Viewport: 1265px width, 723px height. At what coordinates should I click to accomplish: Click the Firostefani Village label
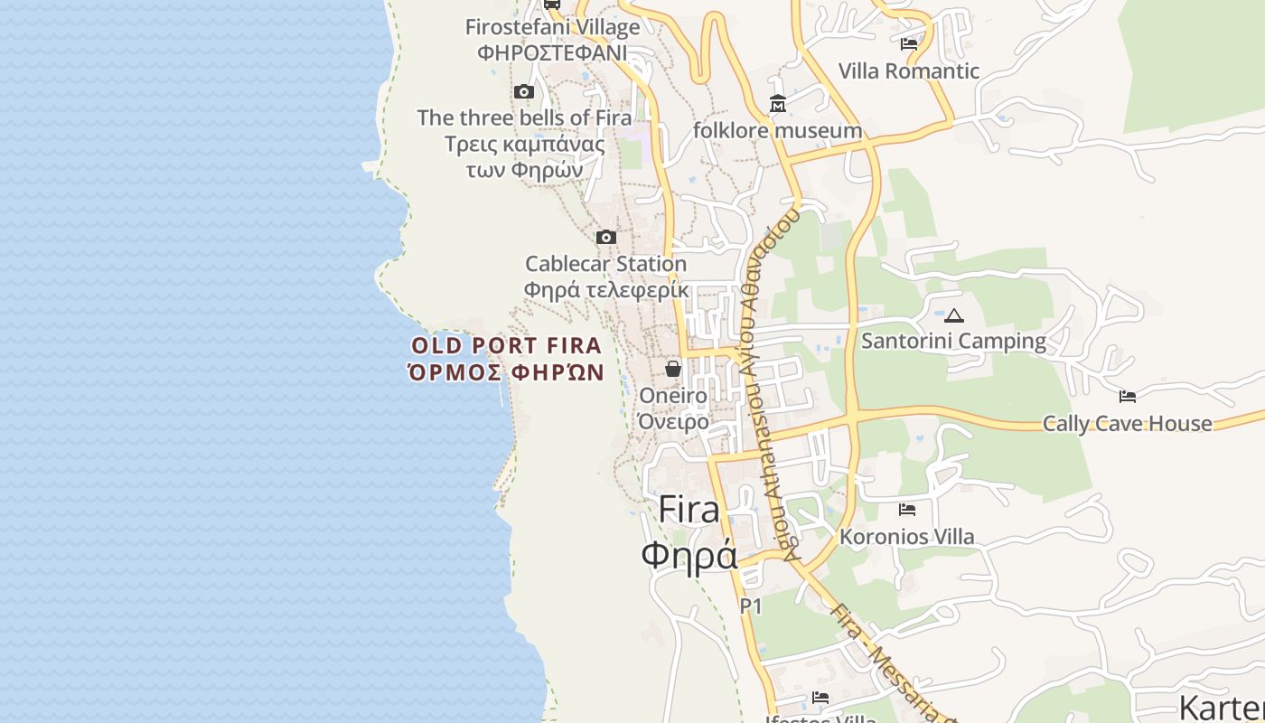552,27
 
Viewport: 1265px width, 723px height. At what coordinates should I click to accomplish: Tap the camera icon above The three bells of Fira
523,91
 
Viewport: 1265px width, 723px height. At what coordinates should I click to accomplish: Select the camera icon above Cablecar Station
606,238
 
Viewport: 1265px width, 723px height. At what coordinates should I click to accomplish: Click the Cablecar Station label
605,264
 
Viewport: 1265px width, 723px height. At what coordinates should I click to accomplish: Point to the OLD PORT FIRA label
506,345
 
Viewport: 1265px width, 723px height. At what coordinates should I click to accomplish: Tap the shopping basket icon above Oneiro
673,369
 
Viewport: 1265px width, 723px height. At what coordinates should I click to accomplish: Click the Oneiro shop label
673,396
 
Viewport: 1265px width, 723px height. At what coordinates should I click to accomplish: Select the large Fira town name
689,510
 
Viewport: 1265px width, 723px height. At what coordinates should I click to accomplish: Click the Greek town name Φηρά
689,554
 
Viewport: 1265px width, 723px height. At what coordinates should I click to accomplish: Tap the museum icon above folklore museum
778,105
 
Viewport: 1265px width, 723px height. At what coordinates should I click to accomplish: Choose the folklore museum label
777,131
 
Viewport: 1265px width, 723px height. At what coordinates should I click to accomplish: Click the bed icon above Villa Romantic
909,43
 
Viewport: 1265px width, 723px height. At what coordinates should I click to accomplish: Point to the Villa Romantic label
908,71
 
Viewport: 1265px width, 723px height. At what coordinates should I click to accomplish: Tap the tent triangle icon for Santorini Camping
953,315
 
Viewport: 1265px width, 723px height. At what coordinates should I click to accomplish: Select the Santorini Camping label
953,342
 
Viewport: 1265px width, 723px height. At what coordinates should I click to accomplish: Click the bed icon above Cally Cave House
1127,396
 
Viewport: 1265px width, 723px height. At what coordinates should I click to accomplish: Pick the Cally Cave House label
1127,424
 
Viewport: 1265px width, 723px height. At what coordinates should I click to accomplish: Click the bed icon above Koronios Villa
907,510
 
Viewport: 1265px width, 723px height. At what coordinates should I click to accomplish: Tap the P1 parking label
751,606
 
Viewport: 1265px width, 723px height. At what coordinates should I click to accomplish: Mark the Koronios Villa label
907,537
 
